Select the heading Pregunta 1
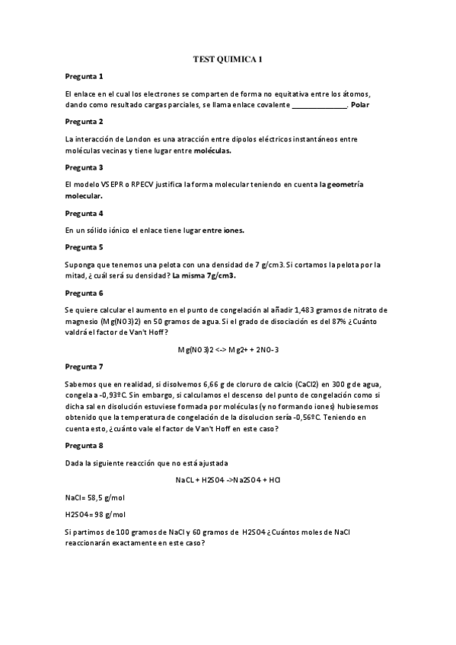tap(84, 77)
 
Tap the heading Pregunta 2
tap(84, 122)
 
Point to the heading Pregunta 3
tap(84, 167)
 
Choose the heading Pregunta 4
tap(84, 213)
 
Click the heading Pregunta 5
tap(84, 247)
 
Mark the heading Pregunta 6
tap(84, 293)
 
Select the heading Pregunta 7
tap(84, 366)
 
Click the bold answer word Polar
tap(360, 104)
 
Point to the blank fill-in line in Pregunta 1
tap(320, 105)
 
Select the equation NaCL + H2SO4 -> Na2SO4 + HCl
tap(228, 480)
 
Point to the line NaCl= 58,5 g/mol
tap(95, 497)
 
